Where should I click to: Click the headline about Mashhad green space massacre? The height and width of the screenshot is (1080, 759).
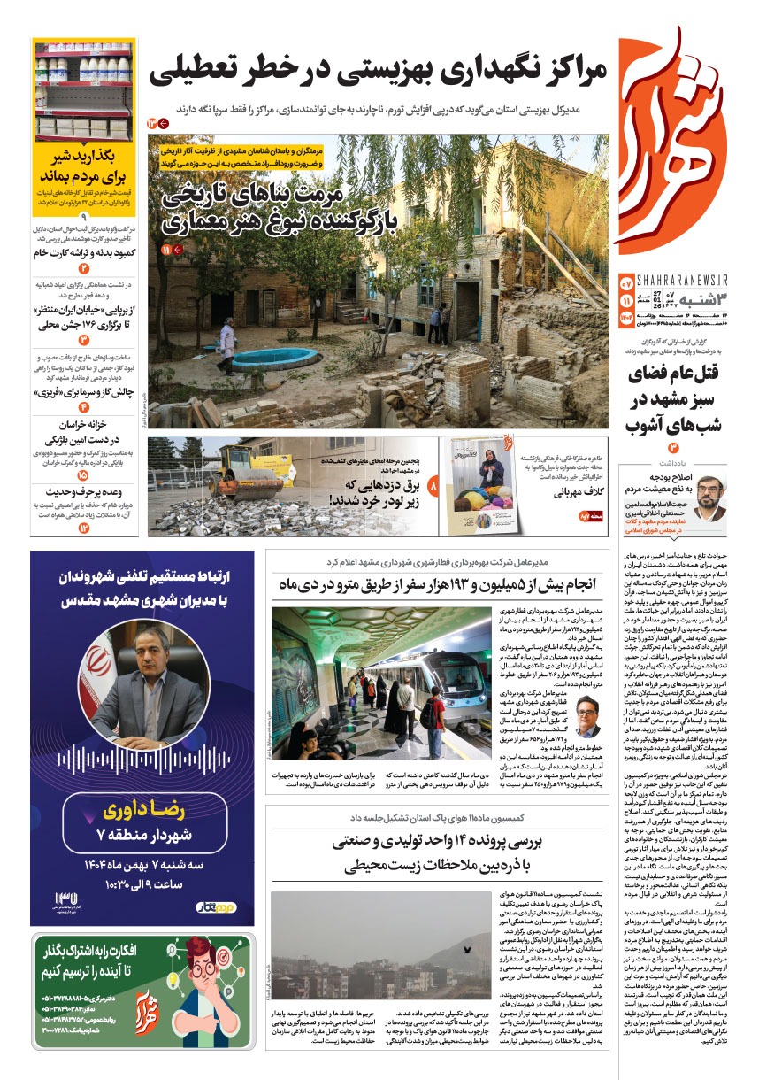click(x=676, y=398)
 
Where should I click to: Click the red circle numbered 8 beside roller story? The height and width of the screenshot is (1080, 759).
click(x=433, y=485)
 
